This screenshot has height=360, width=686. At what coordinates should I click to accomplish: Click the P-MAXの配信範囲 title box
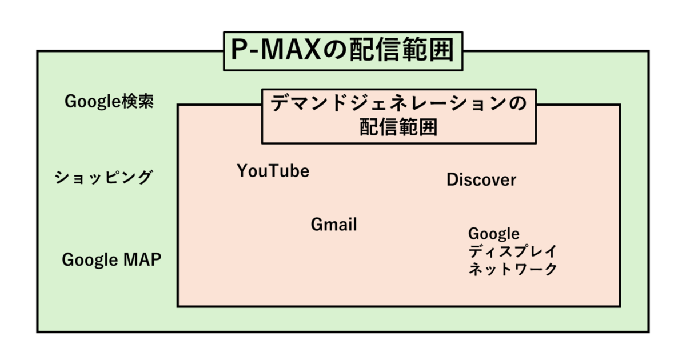tap(342, 51)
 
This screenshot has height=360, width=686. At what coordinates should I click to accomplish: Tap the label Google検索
tap(109, 102)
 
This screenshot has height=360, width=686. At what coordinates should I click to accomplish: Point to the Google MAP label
tap(111, 260)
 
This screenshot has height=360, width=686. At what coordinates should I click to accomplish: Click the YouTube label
tap(273, 171)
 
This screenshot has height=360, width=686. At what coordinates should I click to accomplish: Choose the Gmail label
tap(334, 225)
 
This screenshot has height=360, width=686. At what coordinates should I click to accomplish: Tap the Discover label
tap(481, 180)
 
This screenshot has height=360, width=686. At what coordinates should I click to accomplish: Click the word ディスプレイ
tap(512, 251)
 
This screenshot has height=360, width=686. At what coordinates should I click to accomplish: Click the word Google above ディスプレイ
tap(494, 234)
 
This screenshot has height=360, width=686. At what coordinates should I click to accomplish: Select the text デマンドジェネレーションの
tap(398, 105)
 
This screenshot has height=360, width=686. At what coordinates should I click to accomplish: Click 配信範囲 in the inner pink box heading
tap(398, 127)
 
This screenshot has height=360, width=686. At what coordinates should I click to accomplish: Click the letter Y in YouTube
tap(242, 171)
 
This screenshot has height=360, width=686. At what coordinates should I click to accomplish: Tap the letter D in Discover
tap(452, 180)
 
